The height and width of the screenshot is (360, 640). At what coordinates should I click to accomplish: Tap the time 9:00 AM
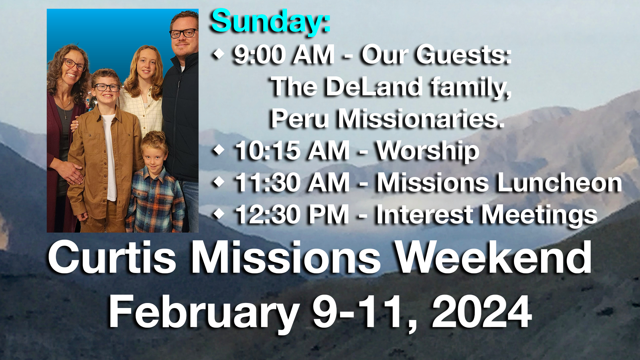[284, 54]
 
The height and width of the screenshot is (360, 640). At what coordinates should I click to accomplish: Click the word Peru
[300, 118]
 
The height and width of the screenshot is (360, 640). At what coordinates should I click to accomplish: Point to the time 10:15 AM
[292, 151]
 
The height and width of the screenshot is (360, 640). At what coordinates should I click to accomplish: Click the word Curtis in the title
[112, 258]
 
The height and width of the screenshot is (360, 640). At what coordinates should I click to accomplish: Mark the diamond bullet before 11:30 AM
[218, 182]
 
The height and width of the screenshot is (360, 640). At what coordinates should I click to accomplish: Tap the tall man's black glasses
[183, 33]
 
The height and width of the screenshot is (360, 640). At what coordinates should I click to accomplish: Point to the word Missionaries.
[422, 118]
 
